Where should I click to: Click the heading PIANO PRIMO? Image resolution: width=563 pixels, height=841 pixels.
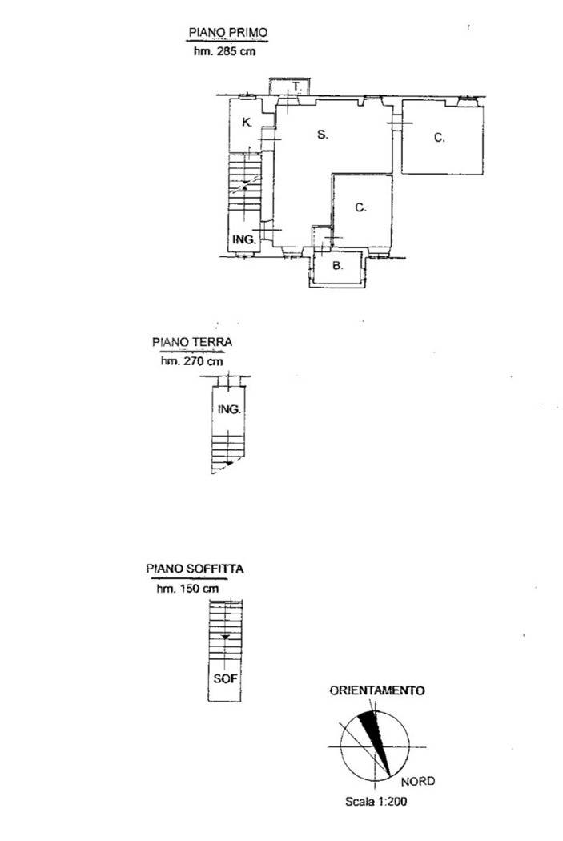pyautogui.click(x=228, y=33)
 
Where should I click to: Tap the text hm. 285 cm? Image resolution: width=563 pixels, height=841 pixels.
pyautogui.click(x=225, y=51)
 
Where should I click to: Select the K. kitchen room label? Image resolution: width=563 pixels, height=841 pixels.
pyautogui.click(x=247, y=123)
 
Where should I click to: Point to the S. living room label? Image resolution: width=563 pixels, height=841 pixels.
pyautogui.click(x=322, y=134)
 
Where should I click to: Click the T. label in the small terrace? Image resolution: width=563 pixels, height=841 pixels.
pyautogui.click(x=296, y=86)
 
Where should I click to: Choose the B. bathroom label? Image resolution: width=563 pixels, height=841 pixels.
pyautogui.click(x=338, y=265)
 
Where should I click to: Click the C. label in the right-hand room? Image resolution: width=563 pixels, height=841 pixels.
pyautogui.click(x=439, y=138)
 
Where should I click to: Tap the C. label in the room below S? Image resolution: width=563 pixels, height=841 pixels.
pyautogui.click(x=361, y=207)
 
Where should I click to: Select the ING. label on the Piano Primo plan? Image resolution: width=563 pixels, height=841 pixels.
pyautogui.click(x=244, y=239)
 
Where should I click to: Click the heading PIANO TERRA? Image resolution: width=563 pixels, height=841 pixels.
pyautogui.click(x=192, y=342)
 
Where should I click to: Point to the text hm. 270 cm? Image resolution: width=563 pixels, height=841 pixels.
pyautogui.click(x=192, y=361)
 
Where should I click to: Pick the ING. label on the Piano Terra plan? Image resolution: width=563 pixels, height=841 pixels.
pyautogui.click(x=229, y=409)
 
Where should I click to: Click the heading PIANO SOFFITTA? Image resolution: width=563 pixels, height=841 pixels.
pyautogui.click(x=195, y=569)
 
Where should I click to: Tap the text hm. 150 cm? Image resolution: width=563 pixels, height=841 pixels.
pyautogui.click(x=187, y=589)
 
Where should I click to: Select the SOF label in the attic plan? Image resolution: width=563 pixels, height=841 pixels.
pyautogui.click(x=225, y=678)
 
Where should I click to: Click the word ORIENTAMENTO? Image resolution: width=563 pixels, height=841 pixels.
pyautogui.click(x=377, y=690)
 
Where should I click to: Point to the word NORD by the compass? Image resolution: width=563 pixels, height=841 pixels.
pyautogui.click(x=418, y=781)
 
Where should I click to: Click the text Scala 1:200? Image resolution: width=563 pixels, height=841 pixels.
pyautogui.click(x=376, y=801)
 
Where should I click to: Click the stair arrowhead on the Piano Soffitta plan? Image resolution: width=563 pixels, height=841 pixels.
pyautogui.click(x=226, y=637)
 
